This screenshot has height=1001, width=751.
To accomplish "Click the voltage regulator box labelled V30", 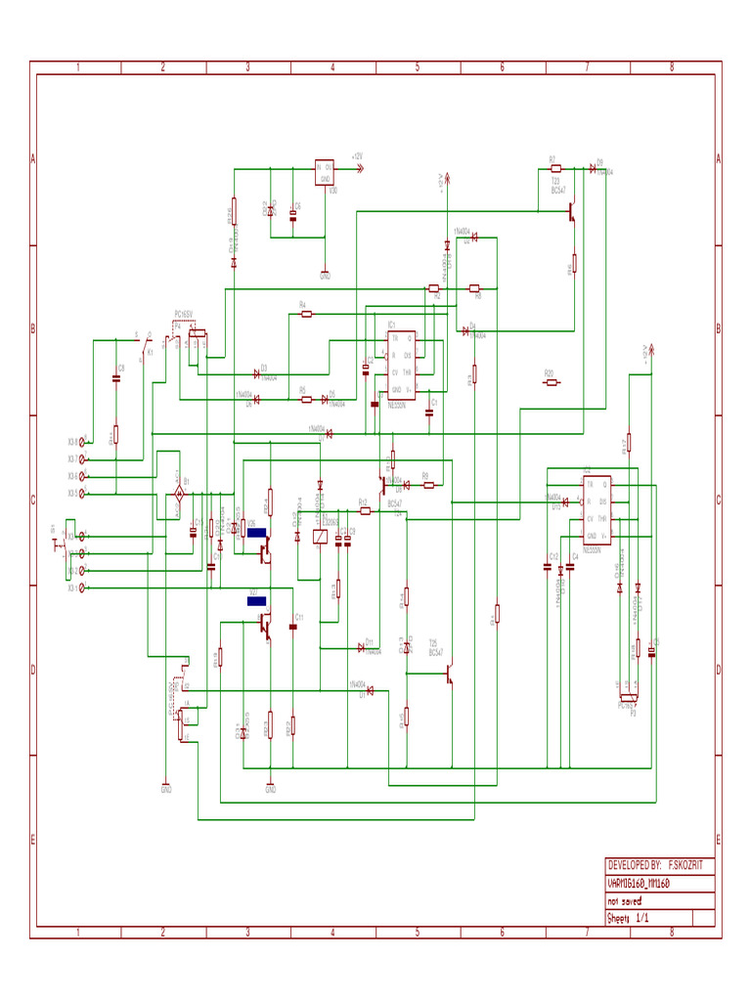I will tap(325, 173).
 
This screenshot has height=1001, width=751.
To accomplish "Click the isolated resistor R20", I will tap(552, 382).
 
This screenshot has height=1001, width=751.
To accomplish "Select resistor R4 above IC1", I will tap(303, 314).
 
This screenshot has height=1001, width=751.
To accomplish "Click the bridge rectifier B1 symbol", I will tap(178, 498).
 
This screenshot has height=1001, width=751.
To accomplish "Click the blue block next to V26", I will tap(257, 534).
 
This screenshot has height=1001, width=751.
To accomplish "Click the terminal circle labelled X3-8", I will tap(82, 441).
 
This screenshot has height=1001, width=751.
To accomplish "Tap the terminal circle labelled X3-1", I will tap(82, 588).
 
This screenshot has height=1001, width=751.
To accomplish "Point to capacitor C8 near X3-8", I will tap(116, 378).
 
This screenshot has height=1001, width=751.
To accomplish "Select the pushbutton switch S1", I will tap(57, 544).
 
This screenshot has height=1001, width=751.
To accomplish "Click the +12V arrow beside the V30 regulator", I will tap(358, 168).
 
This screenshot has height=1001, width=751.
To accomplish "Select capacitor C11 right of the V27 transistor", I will tap(293, 626).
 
